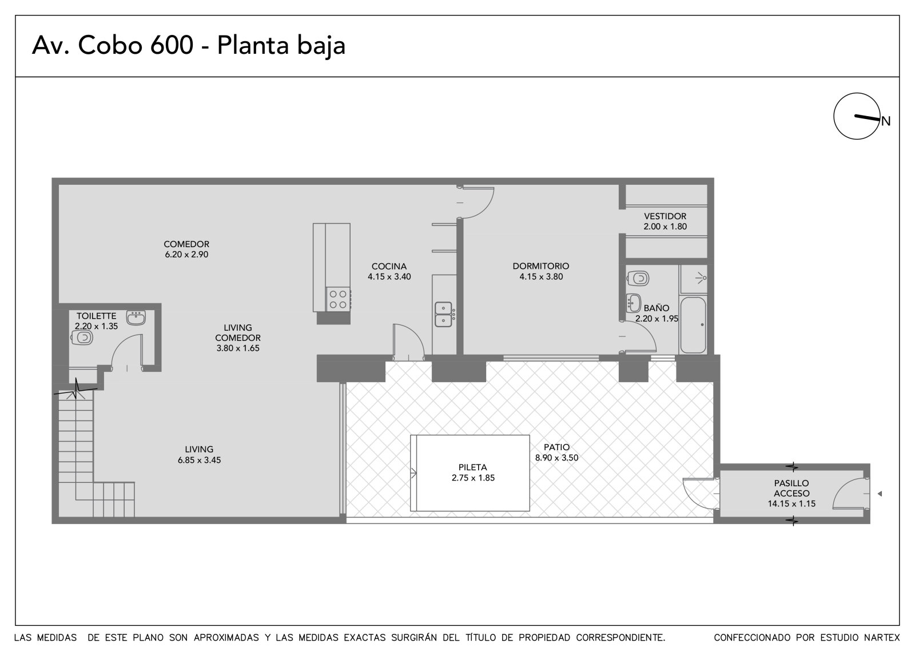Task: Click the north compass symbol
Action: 857,116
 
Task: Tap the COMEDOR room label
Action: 186,244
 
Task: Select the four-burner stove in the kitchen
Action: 338,299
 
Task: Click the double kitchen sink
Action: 443,314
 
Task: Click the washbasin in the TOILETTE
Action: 136,317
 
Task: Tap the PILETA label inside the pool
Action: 472,467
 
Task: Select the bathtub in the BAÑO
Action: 693,325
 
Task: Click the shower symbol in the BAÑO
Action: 701,278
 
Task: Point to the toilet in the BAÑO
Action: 638,279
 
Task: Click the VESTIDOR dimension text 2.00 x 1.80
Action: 665,227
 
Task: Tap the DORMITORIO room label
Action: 541,266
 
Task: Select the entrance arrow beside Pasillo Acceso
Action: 880,494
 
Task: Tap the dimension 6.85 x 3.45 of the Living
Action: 199,460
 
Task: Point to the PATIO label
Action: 556,447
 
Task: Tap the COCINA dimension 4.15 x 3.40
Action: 389,277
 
